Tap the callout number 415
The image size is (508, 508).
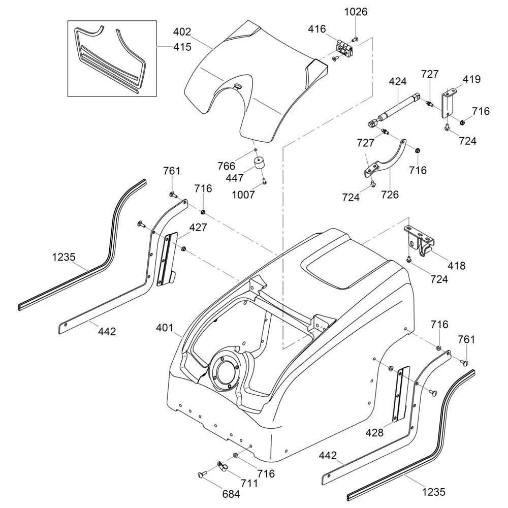pyautogui.click(x=181, y=47)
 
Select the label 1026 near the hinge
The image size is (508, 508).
pyautogui.click(x=356, y=11)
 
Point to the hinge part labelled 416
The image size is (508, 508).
pyautogui.click(x=345, y=49)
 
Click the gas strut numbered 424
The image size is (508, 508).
pyautogui.click(x=393, y=109)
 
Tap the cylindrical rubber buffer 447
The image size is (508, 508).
pyautogui.click(x=262, y=165)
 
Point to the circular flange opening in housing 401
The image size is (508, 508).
pyautogui.click(x=223, y=373)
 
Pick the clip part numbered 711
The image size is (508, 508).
pyautogui.click(x=221, y=464)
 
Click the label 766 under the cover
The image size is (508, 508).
pyautogui.click(x=226, y=166)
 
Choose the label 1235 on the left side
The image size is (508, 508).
pyautogui.click(x=63, y=258)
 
